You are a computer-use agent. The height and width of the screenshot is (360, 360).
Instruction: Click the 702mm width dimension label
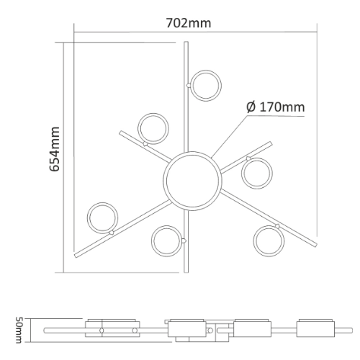click(189, 23)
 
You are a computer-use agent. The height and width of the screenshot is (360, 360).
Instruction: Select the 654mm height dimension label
click(55, 149)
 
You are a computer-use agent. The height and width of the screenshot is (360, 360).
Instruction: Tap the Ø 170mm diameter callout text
click(276, 107)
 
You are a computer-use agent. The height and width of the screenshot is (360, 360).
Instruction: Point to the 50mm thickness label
click(19, 330)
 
